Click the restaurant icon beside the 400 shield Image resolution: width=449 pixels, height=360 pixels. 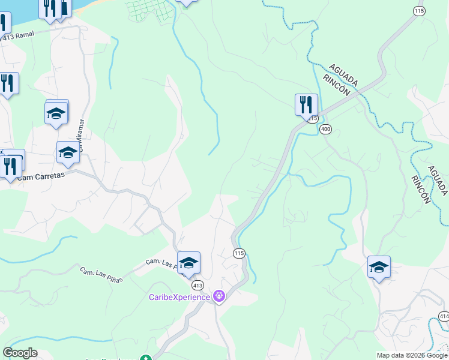point(306,104)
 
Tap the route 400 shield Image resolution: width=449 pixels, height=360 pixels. point(326,129)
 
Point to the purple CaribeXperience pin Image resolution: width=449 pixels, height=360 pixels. point(219,296)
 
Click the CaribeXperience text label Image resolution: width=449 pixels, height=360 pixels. point(179,296)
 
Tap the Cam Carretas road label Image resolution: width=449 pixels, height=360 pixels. point(40,176)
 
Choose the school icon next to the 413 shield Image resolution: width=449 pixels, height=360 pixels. point(188,263)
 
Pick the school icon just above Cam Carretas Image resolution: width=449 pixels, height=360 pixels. point(68,153)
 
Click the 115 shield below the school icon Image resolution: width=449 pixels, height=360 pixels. point(240,254)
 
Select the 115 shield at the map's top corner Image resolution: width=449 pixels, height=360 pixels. point(419,11)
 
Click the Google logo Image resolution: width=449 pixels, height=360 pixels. point(20,353)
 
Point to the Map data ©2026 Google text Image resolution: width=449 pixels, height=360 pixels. point(411,355)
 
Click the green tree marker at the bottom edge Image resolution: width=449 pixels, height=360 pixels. point(145,358)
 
